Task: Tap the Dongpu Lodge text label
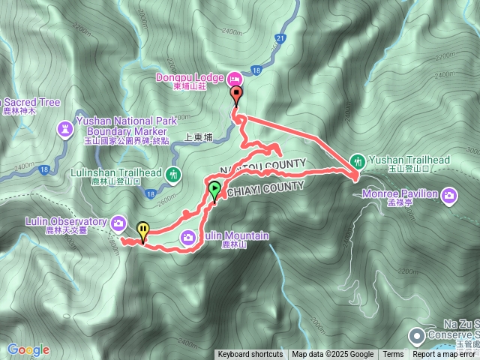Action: tap(190, 77)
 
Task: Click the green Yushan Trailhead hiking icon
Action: tap(358, 160)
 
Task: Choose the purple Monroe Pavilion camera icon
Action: tap(448, 196)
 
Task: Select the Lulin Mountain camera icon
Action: tap(188, 238)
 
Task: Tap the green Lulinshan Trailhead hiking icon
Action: tap(174, 175)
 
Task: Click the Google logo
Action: tap(28, 349)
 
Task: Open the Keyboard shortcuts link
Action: tap(250, 355)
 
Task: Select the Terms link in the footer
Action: tap(393, 355)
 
